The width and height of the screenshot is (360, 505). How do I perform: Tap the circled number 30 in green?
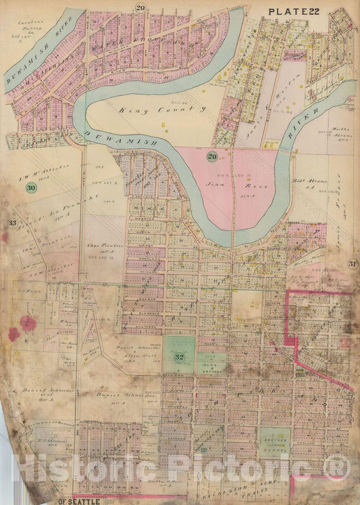point(30,189)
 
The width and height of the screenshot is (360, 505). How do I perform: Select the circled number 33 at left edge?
point(11,223)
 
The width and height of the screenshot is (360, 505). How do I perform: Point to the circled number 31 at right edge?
point(352,263)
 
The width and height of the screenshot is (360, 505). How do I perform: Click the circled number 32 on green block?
point(179,358)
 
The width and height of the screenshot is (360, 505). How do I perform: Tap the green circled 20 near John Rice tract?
point(212,156)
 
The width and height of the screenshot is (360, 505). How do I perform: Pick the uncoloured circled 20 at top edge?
point(140,7)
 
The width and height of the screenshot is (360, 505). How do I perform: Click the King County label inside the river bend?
point(152,108)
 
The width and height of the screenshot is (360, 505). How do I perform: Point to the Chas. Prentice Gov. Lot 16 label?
point(102,243)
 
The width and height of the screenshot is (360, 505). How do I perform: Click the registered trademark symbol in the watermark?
point(336,466)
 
